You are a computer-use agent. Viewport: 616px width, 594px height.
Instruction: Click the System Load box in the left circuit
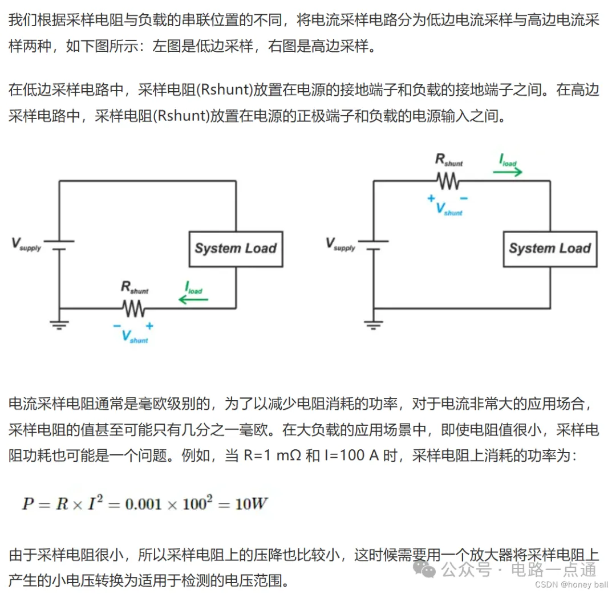click(236, 249)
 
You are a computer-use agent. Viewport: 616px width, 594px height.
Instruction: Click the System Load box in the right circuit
click(550, 249)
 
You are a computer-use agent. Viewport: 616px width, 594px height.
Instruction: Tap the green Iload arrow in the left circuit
click(193, 299)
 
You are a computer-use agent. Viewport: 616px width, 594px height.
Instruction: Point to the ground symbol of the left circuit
click(59, 324)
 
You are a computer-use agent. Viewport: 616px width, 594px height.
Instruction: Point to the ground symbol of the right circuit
click(373, 324)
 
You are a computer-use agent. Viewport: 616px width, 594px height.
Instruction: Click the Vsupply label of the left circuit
click(26, 244)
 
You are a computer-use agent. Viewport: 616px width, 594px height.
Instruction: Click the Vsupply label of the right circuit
click(341, 244)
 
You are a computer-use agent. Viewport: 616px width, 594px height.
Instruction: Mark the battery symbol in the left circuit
click(59, 245)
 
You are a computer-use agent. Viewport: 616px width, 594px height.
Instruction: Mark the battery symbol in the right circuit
click(373, 245)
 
